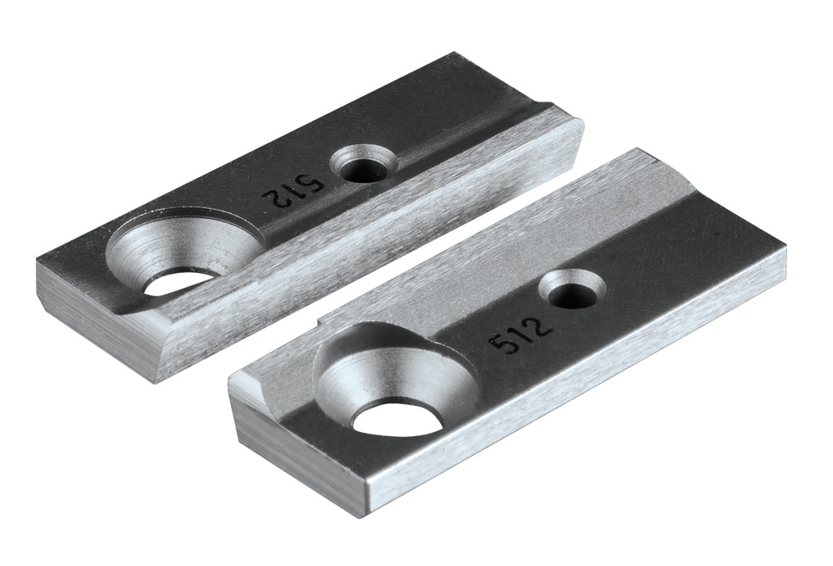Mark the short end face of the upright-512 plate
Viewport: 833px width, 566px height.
(300, 458)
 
